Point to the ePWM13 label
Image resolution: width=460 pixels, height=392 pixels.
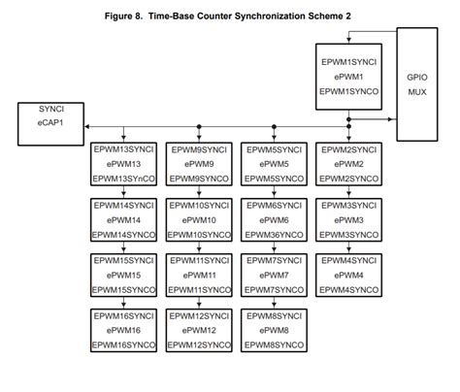(x=123, y=165)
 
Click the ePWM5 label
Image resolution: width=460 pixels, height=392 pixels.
(x=274, y=165)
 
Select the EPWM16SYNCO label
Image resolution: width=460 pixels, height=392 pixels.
(x=123, y=345)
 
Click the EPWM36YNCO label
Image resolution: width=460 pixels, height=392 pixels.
(x=274, y=235)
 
